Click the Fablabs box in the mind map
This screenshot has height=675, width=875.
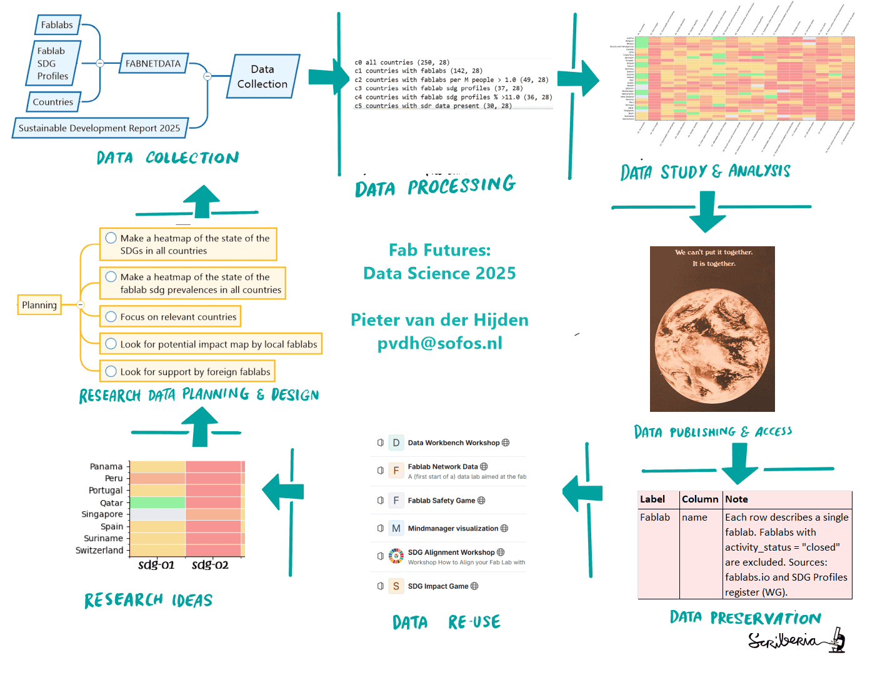tap(57, 25)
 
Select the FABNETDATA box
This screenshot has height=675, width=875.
tap(153, 63)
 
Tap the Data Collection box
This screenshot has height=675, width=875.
tap(262, 77)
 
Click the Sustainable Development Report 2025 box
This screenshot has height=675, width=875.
tap(99, 128)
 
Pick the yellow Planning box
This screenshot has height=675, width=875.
tap(39, 305)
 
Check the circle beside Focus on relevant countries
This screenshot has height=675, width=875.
tap(111, 317)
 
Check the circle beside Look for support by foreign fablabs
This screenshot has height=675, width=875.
tap(111, 371)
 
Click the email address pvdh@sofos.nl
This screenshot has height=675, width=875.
tap(439, 343)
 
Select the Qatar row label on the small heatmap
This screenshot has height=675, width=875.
tap(112, 502)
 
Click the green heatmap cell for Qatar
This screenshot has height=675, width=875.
tap(157, 502)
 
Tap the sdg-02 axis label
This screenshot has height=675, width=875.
tap(210, 565)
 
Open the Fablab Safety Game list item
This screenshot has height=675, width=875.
tap(446, 501)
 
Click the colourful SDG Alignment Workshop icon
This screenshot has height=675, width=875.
tap(396, 556)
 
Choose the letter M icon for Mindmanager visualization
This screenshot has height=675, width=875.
tap(396, 528)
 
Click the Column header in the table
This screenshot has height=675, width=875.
tap(700, 499)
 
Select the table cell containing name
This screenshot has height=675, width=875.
tap(694, 517)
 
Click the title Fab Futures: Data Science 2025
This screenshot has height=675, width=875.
tap(439, 262)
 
